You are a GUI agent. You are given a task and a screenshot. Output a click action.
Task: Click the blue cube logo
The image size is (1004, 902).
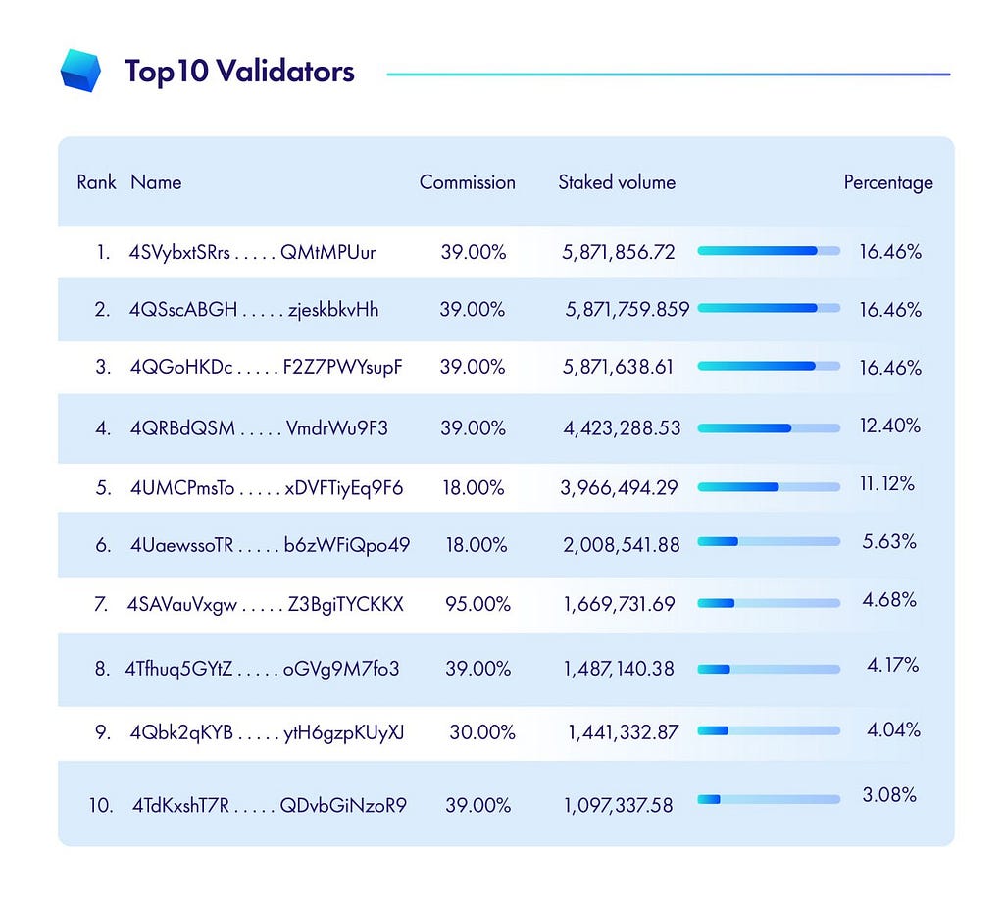point(80,71)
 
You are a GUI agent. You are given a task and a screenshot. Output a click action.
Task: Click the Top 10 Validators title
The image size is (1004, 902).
point(239,71)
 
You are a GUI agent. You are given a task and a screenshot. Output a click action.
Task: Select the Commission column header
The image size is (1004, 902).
point(468,182)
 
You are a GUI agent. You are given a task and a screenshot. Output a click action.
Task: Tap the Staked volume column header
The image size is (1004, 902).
point(617,182)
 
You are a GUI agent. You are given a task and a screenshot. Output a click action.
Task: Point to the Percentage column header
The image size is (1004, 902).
point(888,183)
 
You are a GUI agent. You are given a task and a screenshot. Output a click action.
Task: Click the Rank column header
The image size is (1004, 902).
point(97,182)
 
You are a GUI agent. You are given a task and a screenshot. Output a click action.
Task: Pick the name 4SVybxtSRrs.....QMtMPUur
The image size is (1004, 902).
point(252,252)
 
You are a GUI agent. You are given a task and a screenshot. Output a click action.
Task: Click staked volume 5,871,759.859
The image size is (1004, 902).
point(627,310)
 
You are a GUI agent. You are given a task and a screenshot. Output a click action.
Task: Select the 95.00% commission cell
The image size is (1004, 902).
point(477,604)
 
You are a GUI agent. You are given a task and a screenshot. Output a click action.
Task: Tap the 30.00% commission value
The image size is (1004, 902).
point(482,731)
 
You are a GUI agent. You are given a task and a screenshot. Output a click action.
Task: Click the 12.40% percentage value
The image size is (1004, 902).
point(890,426)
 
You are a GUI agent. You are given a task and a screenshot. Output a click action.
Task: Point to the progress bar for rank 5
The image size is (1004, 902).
point(769,487)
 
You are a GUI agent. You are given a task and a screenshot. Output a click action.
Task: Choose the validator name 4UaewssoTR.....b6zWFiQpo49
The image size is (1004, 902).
point(270,545)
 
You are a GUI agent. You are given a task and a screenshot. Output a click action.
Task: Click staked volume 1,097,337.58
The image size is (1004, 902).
point(618,805)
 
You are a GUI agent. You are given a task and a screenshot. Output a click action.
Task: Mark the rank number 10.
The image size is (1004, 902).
point(101,805)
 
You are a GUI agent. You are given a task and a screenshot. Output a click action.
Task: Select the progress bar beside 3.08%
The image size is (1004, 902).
point(769,799)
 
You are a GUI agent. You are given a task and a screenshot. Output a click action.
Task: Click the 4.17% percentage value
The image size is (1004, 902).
point(892,665)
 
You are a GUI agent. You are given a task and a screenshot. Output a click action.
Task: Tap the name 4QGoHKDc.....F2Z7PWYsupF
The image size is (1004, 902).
point(266,367)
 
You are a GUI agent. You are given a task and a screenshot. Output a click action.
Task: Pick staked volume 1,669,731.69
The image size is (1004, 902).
point(620,604)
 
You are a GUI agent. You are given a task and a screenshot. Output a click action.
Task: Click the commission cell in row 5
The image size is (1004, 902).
point(474,488)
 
